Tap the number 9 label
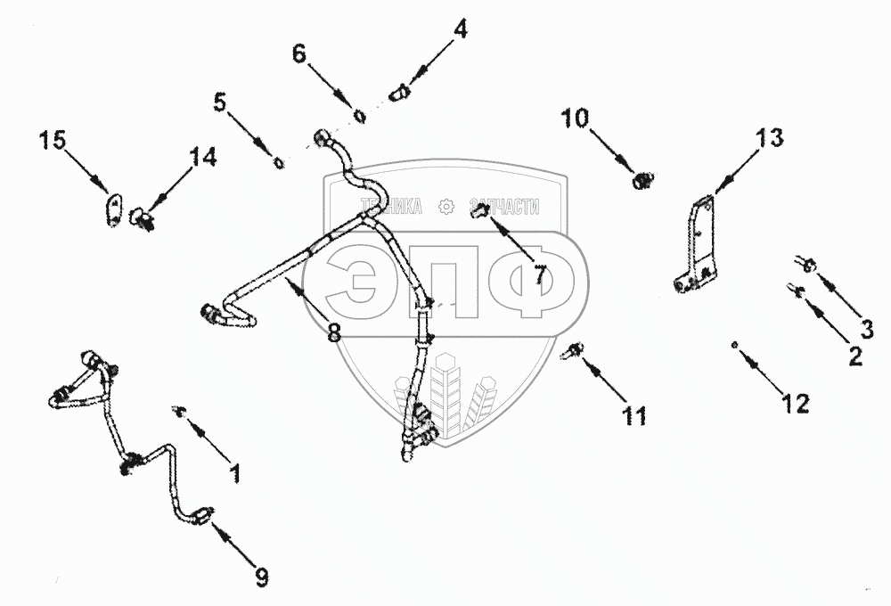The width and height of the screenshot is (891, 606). coord(261,577)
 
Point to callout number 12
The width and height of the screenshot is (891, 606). coord(796,403)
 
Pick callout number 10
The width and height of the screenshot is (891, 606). coord(575,118)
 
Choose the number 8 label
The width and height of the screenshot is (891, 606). coord(333,333)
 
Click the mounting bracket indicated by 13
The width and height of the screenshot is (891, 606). coord(700,245)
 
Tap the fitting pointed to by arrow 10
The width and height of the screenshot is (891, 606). coord(639,181)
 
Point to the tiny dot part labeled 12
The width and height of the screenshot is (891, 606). coord(733,344)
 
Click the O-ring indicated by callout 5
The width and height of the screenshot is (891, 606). coord(279,162)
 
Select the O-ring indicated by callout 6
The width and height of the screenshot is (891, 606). coord(359,115)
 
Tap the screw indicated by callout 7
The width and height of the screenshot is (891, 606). coord(479,210)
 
